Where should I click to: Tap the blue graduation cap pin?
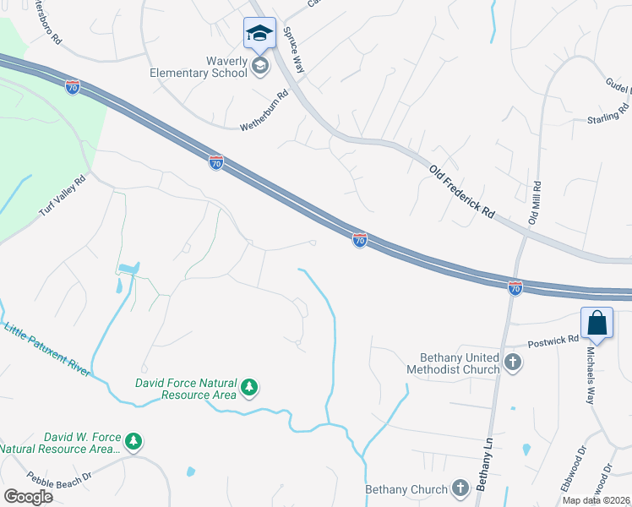[x=259, y=35]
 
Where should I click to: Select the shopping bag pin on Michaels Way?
[x=597, y=324]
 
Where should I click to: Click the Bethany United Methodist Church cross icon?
[x=512, y=363]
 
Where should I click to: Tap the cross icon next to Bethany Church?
[x=460, y=488]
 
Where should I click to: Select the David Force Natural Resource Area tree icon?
[x=249, y=387]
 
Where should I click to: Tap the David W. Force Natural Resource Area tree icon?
[x=133, y=441]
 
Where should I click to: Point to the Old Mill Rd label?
[x=535, y=202]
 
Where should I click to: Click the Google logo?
[x=28, y=497]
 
